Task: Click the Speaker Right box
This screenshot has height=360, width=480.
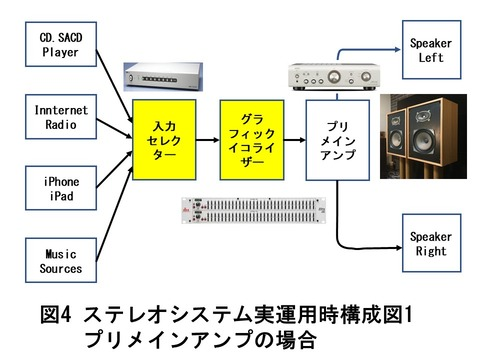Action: point(430,244)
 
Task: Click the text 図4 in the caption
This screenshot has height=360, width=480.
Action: point(55,316)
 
